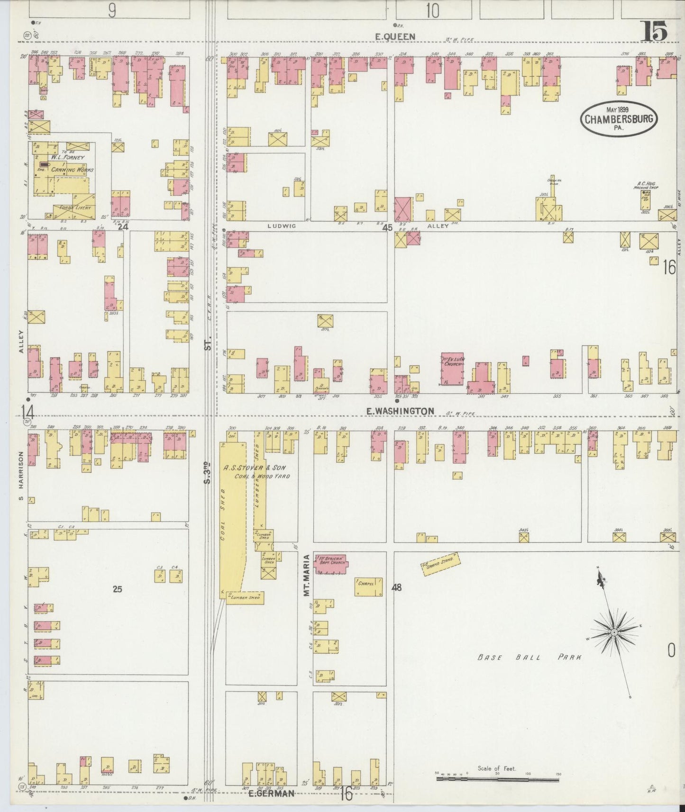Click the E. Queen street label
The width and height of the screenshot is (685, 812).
[395, 36]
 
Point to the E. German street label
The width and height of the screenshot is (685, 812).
[272, 794]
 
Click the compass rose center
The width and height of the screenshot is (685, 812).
[614, 632]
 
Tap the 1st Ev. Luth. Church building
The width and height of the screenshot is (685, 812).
[453, 368]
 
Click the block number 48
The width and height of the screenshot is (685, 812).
[397, 587]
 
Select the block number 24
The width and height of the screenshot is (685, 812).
[123, 226]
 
